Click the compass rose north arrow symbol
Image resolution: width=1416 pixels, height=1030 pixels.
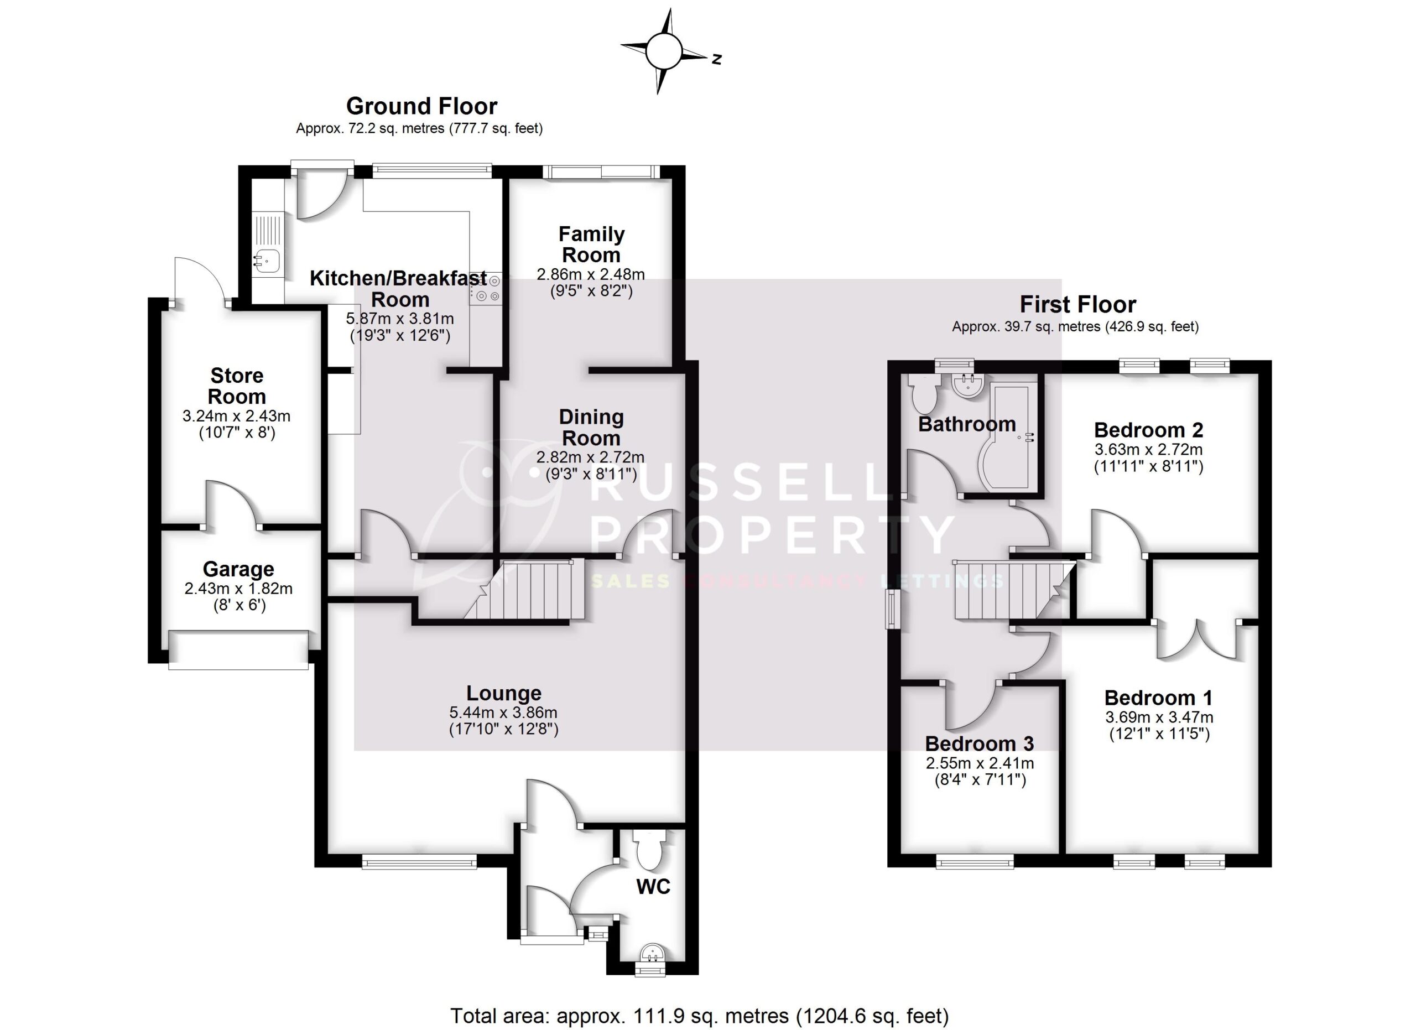663,52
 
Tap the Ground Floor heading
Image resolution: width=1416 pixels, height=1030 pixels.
421,106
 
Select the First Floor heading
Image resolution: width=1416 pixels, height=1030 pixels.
1077,305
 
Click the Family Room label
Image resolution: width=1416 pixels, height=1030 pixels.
591,245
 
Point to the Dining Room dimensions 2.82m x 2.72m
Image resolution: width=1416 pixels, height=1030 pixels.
590,457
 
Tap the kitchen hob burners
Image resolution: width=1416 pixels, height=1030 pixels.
487,289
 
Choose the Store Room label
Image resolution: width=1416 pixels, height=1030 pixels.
237,386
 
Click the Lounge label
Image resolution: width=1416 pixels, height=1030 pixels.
504,693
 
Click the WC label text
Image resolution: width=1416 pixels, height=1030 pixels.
653,886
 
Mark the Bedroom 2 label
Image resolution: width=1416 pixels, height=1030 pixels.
1148,430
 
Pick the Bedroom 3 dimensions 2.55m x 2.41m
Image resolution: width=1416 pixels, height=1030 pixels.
980,763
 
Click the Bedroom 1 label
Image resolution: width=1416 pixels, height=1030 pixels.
1158,698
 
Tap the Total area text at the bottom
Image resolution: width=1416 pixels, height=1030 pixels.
699,1016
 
